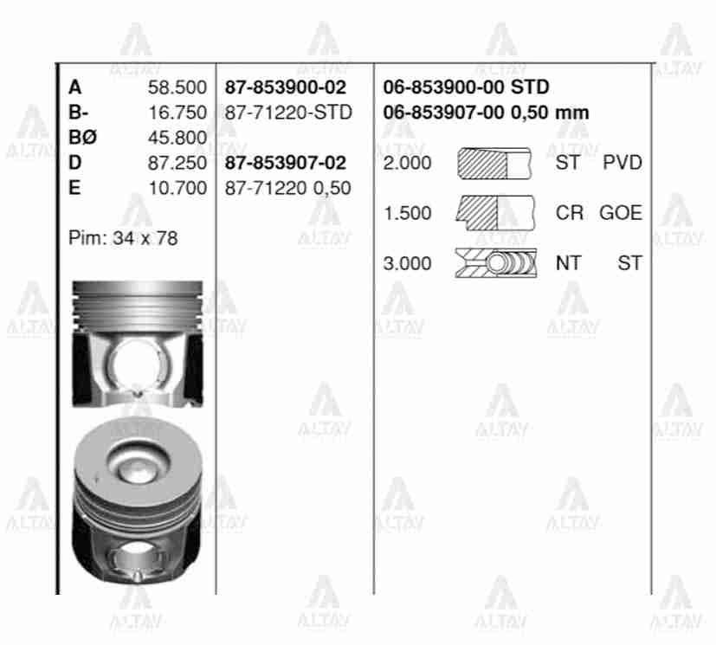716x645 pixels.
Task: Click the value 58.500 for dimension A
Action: pos(177,87)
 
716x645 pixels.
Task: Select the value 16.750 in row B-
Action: pos(177,113)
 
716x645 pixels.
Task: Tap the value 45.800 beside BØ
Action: pos(177,138)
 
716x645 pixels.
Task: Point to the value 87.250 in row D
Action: pos(177,163)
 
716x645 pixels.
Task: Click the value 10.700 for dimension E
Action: pos(177,188)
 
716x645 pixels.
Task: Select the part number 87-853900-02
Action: pos(285,87)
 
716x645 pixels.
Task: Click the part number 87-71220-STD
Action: pos(287,113)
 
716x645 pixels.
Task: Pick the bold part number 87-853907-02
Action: pos(285,163)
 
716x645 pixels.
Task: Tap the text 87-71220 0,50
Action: pos(287,188)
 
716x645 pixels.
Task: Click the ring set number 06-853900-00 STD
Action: pos(466,87)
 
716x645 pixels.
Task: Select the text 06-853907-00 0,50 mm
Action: pos(486,113)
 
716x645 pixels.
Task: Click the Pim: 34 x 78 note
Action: pos(122,238)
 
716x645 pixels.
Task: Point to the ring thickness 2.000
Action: pos(407,163)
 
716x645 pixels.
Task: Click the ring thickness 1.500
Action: pos(407,213)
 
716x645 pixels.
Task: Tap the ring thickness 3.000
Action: pos(407,263)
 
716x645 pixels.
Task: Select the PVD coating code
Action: pos(622,163)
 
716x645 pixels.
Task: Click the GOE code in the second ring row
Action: pos(621,213)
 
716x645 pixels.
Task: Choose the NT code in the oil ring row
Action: pos(568,263)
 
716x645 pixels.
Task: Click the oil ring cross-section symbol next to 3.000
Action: pos(495,263)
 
